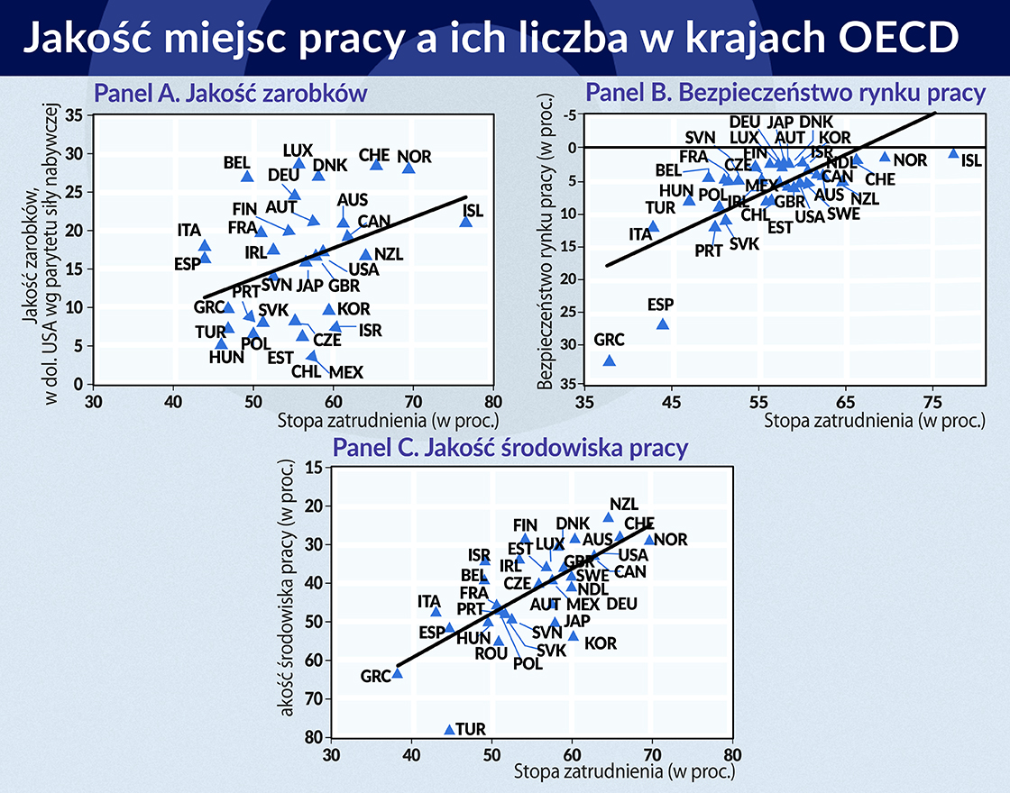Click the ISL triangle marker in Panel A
pyautogui.click(x=465, y=222)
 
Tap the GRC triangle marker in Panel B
pyautogui.click(x=610, y=360)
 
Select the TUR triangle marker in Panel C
pyautogui.click(x=449, y=729)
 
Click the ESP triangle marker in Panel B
pyautogui.click(x=663, y=324)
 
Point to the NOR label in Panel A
pyautogui.click(x=414, y=157)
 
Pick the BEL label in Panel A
pyautogui.click(x=237, y=163)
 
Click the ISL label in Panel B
pyautogui.click(x=971, y=160)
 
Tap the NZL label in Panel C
pyautogui.click(x=623, y=505)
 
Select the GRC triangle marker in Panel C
pyautogui.click(x=397, y=672)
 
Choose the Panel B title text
pyautogui.click(x=785, y=93)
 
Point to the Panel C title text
pyautogui.click(x=511, y=448)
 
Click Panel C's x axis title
pyautogui.click(x=624, y=772)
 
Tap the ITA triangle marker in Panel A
pyautogui.click(x=205, y=245)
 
